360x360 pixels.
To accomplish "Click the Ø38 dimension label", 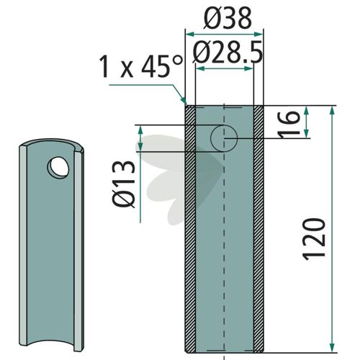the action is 228,19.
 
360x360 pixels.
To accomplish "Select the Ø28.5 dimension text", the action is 228,53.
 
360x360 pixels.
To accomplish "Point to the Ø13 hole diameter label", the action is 124,184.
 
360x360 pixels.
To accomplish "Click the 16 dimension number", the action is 289,125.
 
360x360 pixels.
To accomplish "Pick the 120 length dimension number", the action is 314,239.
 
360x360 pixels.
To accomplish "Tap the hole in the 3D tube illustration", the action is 58,168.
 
